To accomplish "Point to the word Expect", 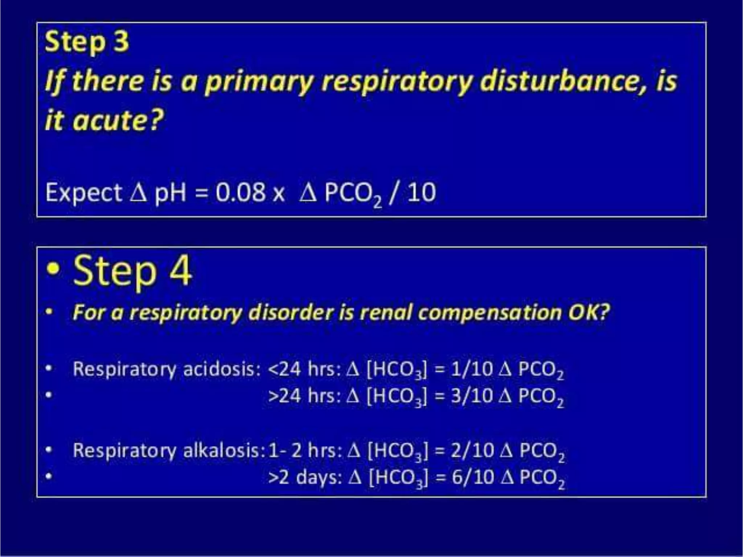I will (84, 193).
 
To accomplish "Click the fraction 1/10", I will (472, 369).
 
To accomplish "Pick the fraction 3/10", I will (472, 396).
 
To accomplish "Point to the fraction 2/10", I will (472, 450).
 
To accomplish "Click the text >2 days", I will (305, 477).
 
